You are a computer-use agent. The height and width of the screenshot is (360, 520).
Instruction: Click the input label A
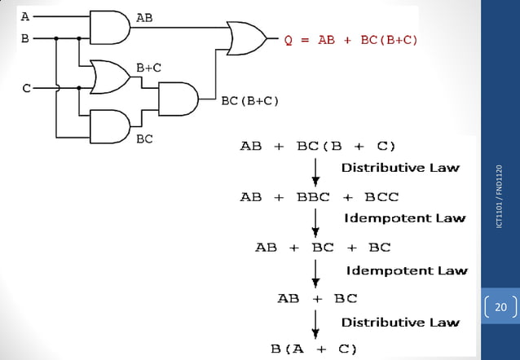tap(25, 16)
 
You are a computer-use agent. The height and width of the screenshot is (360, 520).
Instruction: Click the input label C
tap(26, 88)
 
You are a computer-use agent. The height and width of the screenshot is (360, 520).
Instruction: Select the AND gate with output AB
tap(109, 28)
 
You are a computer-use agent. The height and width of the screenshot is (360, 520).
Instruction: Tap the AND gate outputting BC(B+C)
tap(178, 99)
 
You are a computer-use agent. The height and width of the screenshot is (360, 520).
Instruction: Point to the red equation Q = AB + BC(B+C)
tap(350, 39)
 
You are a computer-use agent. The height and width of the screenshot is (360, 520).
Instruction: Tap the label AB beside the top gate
tap(144, 17)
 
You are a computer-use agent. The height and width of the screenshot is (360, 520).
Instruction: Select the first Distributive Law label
tap(399, 168)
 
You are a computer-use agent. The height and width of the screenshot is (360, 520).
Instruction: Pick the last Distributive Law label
tap(399, 323)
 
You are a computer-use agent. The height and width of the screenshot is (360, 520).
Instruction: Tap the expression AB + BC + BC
tap(323, 247)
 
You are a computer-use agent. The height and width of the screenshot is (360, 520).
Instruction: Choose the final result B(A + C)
tap(314, 349)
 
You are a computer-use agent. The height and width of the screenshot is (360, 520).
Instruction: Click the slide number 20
tap(500, 307)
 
